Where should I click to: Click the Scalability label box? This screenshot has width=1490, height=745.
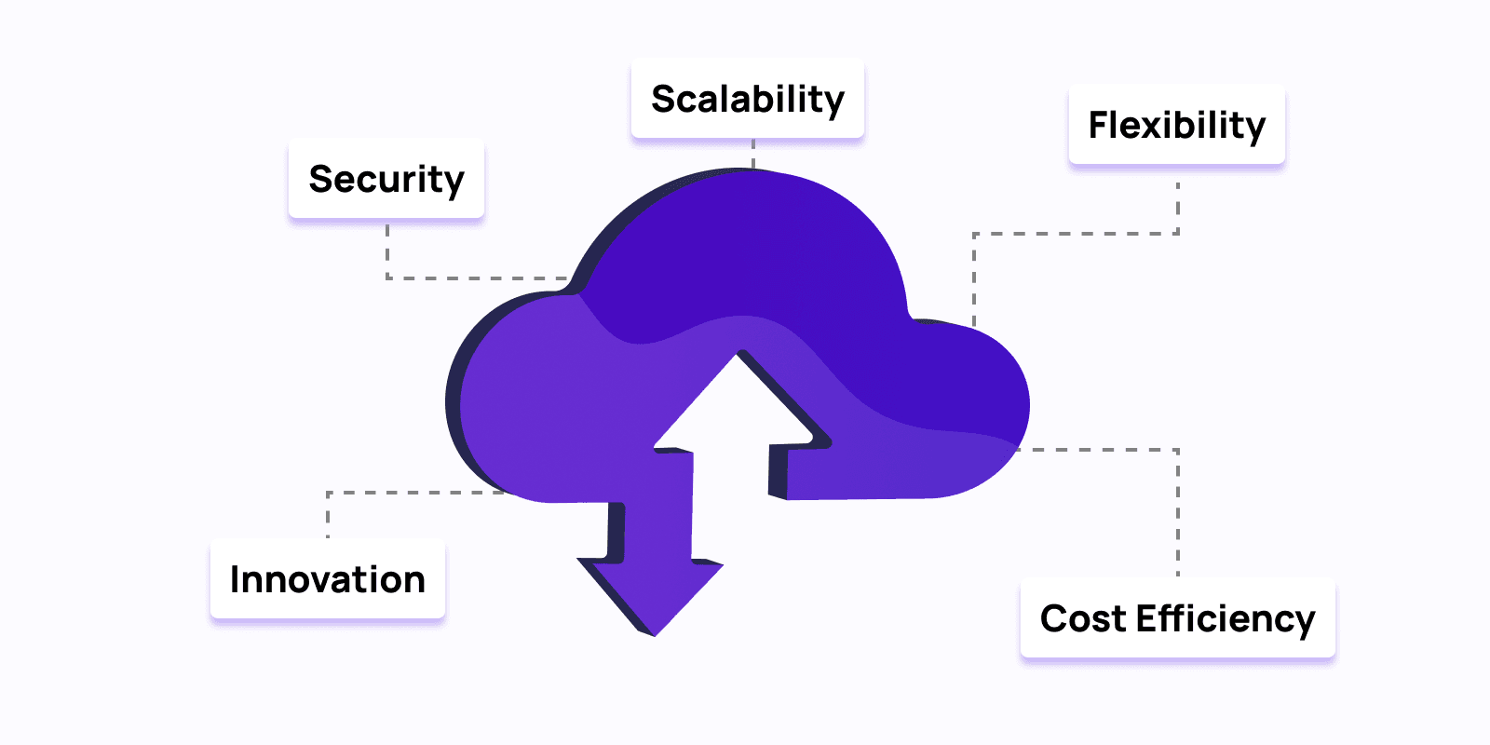coord(748,100)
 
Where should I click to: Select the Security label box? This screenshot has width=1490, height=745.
coord(386,179)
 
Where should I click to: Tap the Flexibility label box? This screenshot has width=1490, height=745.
coord(1177,125)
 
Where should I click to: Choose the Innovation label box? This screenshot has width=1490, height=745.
coord(328,579)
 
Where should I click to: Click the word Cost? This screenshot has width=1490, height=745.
coord(1082,619)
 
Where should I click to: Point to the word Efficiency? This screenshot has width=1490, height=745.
coord(1226,619)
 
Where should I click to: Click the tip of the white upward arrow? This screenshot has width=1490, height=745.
coord(740,356)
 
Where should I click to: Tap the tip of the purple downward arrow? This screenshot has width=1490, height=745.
coord(654,633)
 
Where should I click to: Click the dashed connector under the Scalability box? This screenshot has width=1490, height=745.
coord(753,153)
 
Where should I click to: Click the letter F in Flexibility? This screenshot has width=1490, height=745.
coord(1100,125)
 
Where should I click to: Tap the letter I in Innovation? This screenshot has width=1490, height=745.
coord(236,579)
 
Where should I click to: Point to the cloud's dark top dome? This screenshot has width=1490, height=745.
coord(745,242)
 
